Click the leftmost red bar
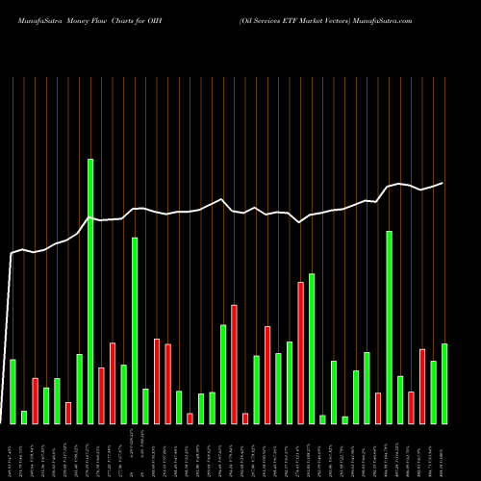pyautogui.click(x=36, y=400)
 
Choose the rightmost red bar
pyautogui.click(x=422, y=386)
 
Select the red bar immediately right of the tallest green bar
pyautogui.click(x=101, y=395)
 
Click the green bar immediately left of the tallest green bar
pyautogui.click(x=80, y=389)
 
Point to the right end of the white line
pyautogui.click(x=443, y=183)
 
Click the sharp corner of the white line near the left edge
pyautogui.click(x=12, y=254)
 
